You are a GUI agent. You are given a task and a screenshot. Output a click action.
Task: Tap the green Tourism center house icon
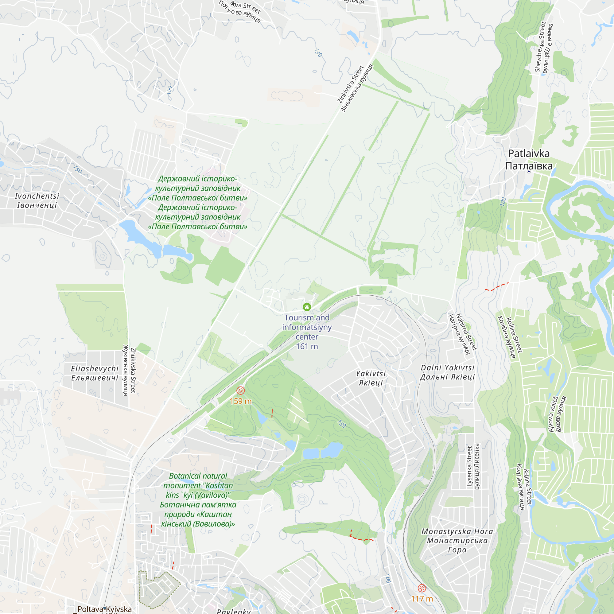coord(307,307)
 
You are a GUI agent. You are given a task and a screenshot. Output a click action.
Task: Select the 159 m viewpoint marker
coord(241,390)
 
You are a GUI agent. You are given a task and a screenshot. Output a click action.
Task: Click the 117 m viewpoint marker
coord(422,588)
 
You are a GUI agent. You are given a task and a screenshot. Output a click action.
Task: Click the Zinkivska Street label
coord(351,84)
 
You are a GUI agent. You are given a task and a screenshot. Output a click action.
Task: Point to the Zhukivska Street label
coord(133,371)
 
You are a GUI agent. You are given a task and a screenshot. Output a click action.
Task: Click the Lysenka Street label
coord(469,466)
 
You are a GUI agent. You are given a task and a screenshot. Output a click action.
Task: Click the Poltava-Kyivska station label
coord(105,609)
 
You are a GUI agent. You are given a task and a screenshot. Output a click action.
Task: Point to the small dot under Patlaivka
coord(529,172)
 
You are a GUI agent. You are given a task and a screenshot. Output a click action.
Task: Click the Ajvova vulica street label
coord(553,414)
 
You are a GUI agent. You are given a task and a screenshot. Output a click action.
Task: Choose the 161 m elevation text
coord(307,346)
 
